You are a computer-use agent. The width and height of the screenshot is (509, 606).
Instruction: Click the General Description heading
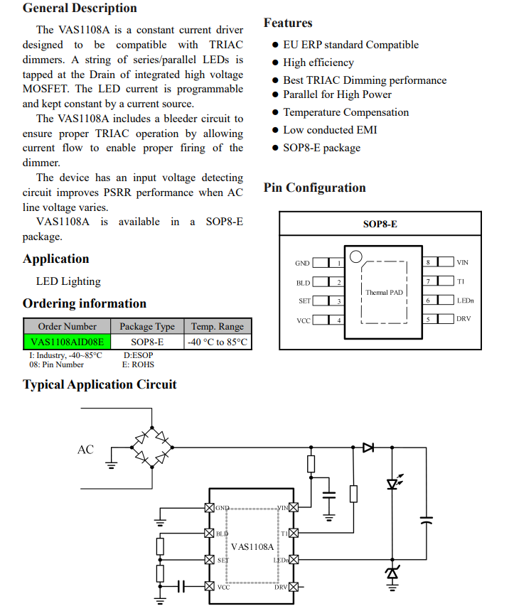coord(80,9)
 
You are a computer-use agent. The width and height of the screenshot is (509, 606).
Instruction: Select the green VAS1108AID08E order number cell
coord(68,342)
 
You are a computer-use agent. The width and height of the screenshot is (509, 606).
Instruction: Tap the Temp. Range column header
coord(217,327)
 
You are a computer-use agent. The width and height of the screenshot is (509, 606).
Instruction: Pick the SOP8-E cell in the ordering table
coord(147,342)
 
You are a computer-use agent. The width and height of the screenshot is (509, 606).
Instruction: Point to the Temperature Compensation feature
coord(345,112)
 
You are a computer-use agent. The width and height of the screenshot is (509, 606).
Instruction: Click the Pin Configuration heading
coord(314,188)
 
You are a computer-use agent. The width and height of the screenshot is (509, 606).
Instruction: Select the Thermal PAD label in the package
coord(384,292)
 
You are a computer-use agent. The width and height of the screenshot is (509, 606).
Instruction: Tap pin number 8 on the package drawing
coord(428,263)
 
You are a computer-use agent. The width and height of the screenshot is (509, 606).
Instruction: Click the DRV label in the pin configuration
coord(463,319)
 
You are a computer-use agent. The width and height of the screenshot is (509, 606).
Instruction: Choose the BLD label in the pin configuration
coord(303,283)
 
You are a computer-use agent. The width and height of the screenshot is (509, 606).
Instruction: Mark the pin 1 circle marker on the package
coord(356,256)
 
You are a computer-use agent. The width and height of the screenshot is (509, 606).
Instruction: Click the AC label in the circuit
coord(85,450)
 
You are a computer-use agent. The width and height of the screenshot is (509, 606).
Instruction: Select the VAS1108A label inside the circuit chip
coord(252,547)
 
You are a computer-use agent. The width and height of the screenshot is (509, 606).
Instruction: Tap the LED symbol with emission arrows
coord(392,483)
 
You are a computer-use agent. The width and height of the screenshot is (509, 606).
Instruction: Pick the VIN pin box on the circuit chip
coord(291,507)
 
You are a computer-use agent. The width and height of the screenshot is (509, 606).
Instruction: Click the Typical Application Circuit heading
coord(100,384)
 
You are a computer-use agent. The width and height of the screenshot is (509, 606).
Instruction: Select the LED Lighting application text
coord(68,281)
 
